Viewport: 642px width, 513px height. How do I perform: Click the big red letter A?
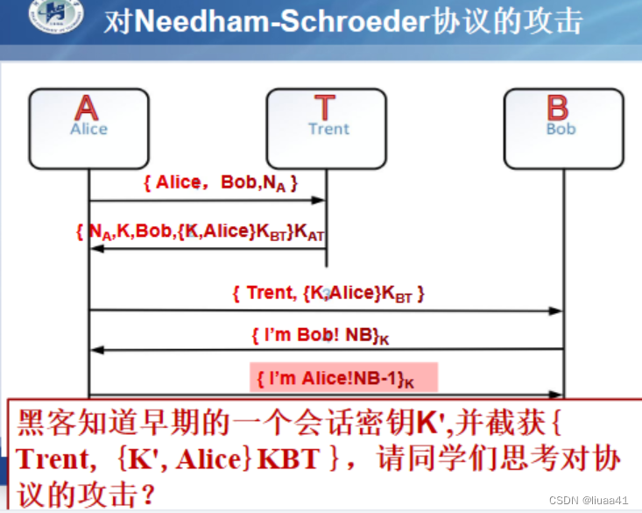[x=87, y=108]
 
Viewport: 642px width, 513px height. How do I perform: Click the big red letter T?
[x=325, y=108]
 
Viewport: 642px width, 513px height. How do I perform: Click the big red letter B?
[x=558, y=108]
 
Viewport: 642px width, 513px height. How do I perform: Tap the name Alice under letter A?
[x=88, y=129]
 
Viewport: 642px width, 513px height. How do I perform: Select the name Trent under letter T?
[x=328, y=129]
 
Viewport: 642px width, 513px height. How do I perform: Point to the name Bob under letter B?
[x=561, y=129]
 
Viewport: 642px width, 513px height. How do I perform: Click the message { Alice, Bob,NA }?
[x=221, y=183]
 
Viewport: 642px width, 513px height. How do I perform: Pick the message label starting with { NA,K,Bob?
[x=201, y=232]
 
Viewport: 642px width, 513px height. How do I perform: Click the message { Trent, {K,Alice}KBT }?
[x=328, y=293]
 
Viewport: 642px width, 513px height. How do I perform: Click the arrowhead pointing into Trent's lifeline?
[x=321, y=201]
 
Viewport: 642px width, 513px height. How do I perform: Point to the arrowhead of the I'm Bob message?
[x=96, y=350]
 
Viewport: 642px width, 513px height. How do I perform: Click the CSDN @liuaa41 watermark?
[x=589, y=500]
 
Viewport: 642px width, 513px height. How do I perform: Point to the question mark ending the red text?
[x=152, y=496]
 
